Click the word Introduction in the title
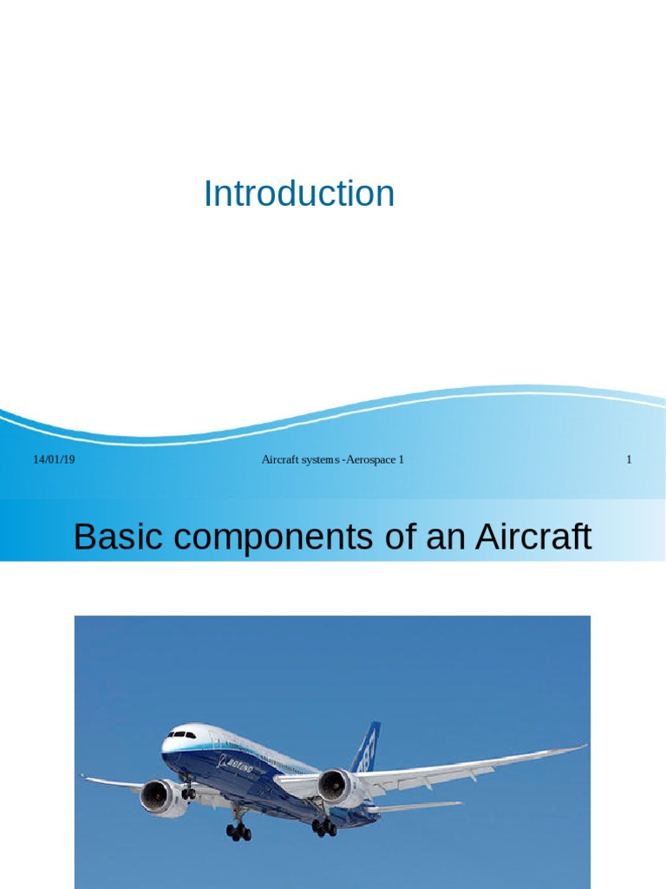tap(299, 194)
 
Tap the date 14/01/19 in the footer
tap(54, 459)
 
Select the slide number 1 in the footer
tap(629, 459)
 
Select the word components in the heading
tap(258, 539)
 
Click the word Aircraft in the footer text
tap(281, 459)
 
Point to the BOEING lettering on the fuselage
tap(236, 766)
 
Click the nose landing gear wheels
tap(188, 793)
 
